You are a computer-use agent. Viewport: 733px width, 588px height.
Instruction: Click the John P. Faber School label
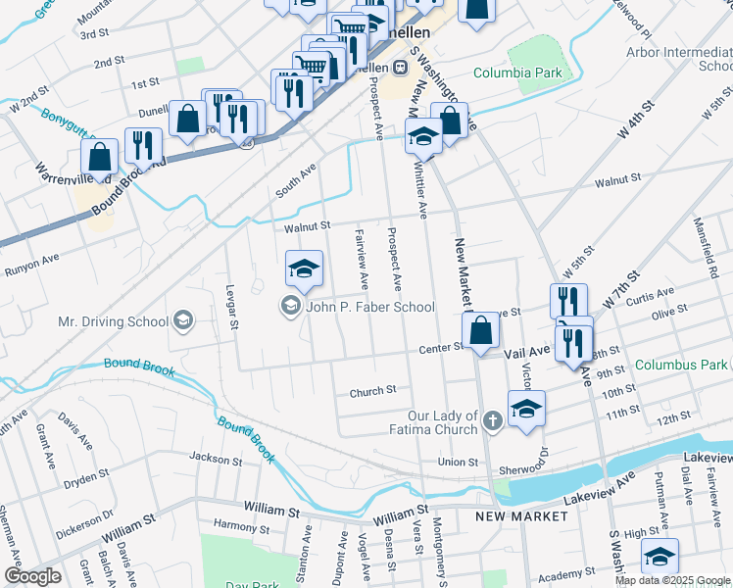coord(370,308)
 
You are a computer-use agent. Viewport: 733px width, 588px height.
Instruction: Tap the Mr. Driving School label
coord(114,320)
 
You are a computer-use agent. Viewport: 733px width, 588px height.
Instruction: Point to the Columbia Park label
coord(517,73)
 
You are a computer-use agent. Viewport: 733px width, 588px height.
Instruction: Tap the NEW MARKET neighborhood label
coord(521,515)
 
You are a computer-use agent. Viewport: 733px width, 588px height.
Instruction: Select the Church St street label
coord(372,390)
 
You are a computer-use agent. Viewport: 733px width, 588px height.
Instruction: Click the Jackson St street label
coord(215,458)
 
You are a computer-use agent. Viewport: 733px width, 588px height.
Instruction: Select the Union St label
coord(458,462)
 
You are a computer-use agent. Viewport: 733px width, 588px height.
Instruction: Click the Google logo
coord(32,576)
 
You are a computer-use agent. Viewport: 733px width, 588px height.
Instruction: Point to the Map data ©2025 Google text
coord(672,580)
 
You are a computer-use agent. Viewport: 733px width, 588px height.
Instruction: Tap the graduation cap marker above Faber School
coord(304,269)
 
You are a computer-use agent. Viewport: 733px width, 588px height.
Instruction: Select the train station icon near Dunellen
coord(400,67)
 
